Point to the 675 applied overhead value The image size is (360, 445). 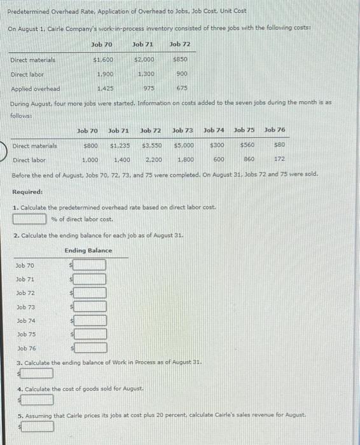pos(181,88)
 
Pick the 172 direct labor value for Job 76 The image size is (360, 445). pos(278,160)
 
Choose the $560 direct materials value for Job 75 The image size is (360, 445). pos(245,146)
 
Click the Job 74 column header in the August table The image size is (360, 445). pos(214,130)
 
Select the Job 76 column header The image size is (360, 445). pos(274,130)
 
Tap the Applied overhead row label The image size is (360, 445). pos(36,88)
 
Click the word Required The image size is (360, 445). pos(27,191)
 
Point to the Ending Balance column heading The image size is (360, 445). pos(88,250)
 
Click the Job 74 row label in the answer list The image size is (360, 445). pos(25,320)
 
